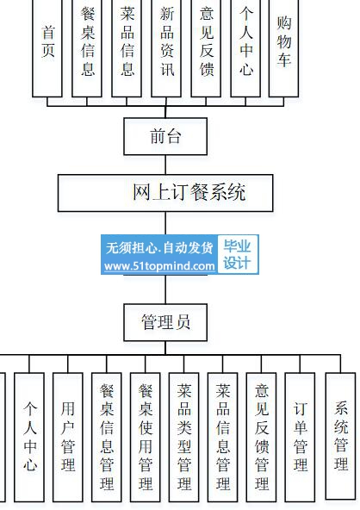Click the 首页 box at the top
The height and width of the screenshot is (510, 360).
(47, 48)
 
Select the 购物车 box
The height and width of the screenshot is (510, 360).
(283, 48)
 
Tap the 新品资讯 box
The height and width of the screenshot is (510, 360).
(166, 48)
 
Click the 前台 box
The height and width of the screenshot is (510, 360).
(165, 136)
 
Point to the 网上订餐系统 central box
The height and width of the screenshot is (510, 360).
(165, 193)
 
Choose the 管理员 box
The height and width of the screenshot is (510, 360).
(165, 322)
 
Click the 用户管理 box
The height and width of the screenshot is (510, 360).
(68, 437)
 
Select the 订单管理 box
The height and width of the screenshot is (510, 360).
(300, 437)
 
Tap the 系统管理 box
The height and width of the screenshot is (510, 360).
(340, 436)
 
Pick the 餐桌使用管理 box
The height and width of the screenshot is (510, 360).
(145, 437)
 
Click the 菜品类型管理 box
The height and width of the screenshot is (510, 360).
(183, 437)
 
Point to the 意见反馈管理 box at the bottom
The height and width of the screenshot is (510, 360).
(261, 437)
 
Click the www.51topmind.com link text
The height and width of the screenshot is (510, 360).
(159, 266)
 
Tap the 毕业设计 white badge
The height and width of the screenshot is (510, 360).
(238, 254)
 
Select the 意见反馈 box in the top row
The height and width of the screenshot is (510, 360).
(206, 48)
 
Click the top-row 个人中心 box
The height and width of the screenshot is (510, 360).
(245, 48)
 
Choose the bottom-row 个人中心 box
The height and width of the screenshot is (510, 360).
(29, 437)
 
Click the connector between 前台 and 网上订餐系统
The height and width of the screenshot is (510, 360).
(165, 165)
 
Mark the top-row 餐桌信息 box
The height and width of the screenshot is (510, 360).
(87, 48)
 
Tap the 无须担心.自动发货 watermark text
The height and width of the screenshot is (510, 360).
(159, 248)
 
